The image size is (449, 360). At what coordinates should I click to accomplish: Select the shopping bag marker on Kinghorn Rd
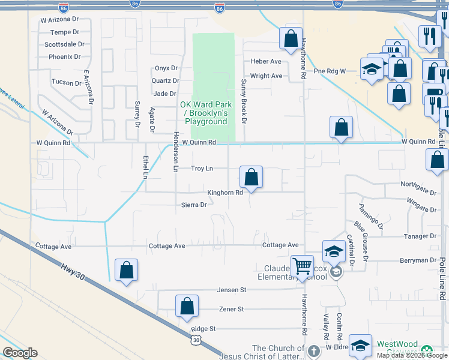click(x=252, y=177)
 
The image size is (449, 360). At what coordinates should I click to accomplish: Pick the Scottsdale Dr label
click(x=64, y=44)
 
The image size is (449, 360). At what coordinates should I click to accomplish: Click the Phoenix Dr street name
click(x=65, y=57)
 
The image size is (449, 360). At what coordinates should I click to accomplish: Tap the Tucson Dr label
click(x=66, y=82)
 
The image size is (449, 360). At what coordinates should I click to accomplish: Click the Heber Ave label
click(x=266, y=62)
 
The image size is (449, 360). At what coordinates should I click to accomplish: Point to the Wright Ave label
click(x=266, y=76)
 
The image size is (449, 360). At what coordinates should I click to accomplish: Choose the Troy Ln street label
click(x=202, y=169)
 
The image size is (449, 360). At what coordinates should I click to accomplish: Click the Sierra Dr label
click(x=194, y=205)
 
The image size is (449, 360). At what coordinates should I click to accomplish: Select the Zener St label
click(x=232, y=309)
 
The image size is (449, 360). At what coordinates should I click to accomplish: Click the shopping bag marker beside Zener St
click(x=187, y=305)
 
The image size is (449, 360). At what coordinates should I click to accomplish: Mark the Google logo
click(x=20, y=353)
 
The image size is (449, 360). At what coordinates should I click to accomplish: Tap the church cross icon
click(x=313, y=351)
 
